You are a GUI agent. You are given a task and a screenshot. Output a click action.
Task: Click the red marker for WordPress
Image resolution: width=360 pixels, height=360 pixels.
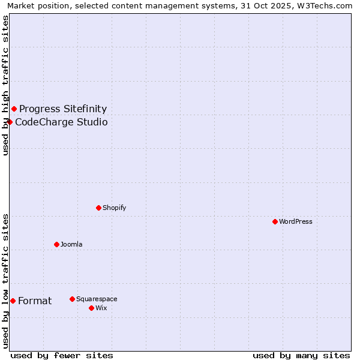click(275, 221)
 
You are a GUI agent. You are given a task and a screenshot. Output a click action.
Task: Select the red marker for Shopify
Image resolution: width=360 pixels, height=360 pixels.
click(98, 208)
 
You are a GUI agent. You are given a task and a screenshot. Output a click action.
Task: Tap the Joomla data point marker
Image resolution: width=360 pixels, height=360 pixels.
click(56, 244)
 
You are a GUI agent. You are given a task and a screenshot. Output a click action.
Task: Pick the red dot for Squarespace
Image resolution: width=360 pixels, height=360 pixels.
click(72, 299)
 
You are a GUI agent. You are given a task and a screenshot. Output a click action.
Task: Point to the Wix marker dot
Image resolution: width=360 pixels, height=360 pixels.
click(91, 308)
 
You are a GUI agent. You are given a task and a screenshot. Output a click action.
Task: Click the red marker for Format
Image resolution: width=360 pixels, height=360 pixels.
click(13, 301)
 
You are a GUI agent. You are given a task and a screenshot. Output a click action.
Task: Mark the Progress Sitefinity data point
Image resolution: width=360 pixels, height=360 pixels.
click(14, 109)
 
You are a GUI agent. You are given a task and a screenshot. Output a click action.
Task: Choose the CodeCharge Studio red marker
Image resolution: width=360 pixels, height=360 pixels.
click(10, 122)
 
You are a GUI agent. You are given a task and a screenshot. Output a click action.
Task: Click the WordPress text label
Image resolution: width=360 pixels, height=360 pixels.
click(296, 221)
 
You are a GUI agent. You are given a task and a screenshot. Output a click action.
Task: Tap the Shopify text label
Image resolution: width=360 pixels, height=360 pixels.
click(114, 208)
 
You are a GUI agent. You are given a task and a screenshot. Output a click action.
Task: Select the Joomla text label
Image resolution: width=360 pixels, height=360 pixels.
click(71, 244)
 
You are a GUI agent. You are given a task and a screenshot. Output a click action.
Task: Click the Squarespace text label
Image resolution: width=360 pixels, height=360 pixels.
click(97, 299)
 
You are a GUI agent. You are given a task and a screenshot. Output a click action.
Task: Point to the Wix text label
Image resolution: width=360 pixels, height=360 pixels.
click(101, 308)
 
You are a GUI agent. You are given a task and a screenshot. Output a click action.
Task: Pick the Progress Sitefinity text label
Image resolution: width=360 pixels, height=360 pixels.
click(63, 109)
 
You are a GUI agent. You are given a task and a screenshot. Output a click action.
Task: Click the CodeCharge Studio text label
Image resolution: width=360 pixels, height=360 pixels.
click(61, 122)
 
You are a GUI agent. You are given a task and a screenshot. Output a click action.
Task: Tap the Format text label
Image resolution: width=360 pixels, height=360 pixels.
click(35, 301)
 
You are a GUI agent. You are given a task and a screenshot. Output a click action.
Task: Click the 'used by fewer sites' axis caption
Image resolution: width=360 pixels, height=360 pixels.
click(62, 355)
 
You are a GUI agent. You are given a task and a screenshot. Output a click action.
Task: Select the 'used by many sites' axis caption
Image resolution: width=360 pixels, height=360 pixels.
click(301, 355)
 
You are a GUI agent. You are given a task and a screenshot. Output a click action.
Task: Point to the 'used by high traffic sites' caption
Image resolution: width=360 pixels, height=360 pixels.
click(6, 85)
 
